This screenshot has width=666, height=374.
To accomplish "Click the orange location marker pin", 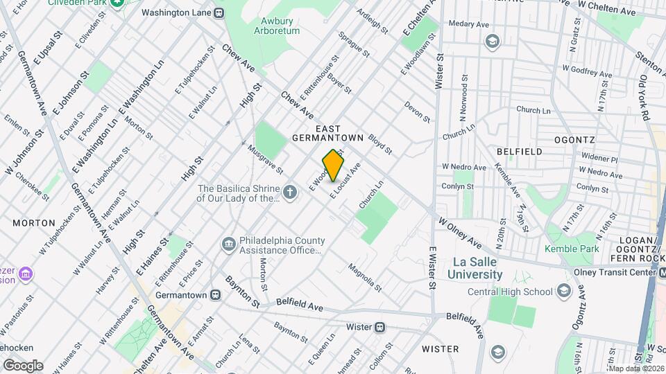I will (333, 166).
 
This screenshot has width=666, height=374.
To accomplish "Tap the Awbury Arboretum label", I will (276, 26).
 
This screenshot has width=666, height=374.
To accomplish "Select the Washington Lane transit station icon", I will (219, 12).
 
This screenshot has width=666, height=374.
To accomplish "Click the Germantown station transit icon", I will (216, 295).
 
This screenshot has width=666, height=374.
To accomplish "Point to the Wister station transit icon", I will (379, 327).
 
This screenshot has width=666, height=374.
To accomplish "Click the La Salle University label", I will (477, 268).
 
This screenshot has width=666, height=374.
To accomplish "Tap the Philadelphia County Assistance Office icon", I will (228, 244).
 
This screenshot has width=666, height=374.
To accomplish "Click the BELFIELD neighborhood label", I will (519, 151).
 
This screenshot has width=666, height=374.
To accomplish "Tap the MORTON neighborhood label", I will (33, 223).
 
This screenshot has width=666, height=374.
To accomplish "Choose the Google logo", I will (22, 365).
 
